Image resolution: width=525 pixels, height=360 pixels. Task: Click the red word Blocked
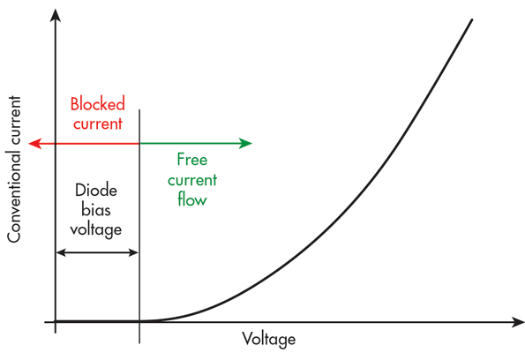[x=97, y=104]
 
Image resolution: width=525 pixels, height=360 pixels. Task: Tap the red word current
[x=98, y=124]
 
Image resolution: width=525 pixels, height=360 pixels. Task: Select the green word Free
[x=192, y=160]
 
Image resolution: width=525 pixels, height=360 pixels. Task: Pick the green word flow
[x=192, y=199]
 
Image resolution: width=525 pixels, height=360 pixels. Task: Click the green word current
[x=192, y=180]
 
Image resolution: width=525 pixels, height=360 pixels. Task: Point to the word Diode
[x=96, y=191]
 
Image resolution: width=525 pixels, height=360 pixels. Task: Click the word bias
[x=96, y=210]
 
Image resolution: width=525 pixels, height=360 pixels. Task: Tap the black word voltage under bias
[x=96, y=230]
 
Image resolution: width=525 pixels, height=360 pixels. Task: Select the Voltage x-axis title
[x=269, y=339]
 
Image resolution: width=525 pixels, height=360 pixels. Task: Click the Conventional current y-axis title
[x=14, y=169]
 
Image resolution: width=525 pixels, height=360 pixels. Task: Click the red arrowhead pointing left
[x=34, y=144]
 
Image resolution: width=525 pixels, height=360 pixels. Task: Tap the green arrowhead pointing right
[x=245, y=143]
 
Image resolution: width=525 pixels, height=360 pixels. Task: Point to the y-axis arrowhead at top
[x=56, y=15]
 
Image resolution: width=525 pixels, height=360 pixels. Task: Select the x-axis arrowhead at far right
[x=518, y=322]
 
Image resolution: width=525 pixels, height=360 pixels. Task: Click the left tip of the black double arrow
[x=56, y=252]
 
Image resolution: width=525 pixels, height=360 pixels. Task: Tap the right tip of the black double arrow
[x=139, y=252]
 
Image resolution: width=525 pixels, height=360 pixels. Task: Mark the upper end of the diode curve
[x=472, y=19]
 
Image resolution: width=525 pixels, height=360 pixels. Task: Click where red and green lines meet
[x=139, y=144]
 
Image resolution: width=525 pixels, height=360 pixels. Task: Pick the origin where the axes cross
[x=56, y=322]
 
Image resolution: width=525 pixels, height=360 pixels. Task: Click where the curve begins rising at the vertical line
[x=139, y=321]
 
